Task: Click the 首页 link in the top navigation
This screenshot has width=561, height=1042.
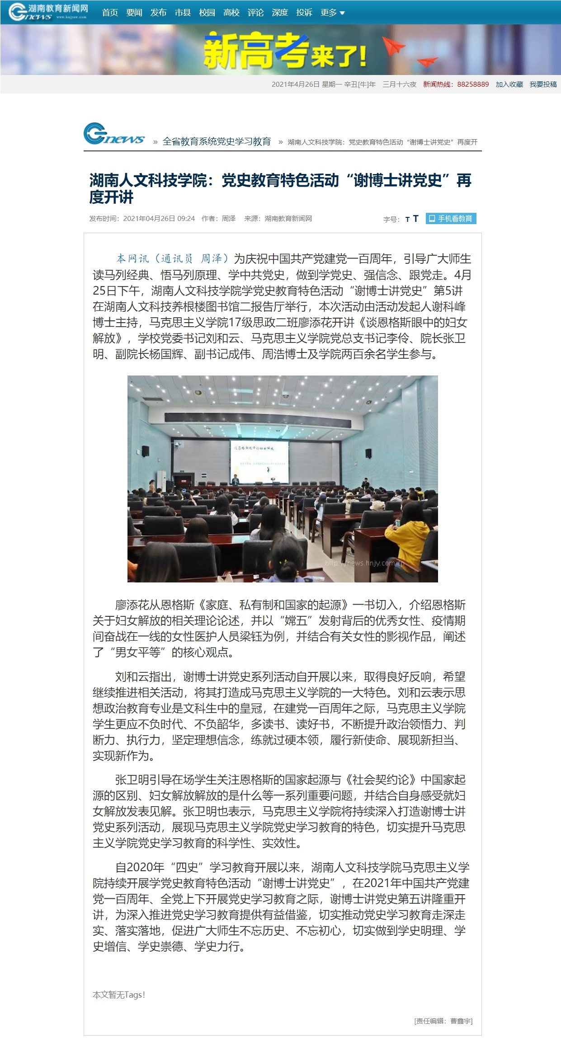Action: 110,13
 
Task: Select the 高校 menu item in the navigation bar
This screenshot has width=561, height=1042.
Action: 231,13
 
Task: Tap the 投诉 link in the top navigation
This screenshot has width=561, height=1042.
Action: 304,13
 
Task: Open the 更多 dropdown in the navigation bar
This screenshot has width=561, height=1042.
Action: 332,13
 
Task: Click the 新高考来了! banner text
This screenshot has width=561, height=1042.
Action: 285,51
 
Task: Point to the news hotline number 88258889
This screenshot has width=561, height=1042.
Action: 473,84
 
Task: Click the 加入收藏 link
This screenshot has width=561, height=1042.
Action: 509,84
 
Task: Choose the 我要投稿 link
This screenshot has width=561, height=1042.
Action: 543,84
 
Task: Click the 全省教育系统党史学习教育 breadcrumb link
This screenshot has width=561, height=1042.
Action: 217,141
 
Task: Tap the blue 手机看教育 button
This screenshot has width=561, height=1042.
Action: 451,219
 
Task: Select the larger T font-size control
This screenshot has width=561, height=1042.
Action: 416,219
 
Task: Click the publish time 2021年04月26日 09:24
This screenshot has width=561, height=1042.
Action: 159,219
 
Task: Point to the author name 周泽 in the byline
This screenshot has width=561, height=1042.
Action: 229,219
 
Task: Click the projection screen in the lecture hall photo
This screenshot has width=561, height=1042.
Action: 259,461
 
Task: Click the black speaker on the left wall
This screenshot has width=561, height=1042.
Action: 146,451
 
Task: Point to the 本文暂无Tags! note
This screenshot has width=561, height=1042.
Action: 119,995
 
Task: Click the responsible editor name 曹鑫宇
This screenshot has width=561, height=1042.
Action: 461,1021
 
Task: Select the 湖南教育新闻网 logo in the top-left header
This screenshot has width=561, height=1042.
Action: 48,12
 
